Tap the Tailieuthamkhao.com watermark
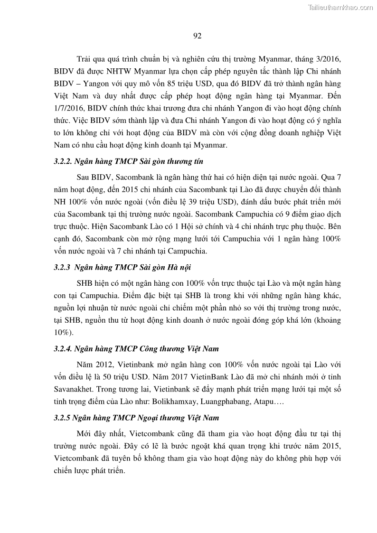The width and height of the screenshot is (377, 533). point(340,7)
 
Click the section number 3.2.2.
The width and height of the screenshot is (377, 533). point(64,162)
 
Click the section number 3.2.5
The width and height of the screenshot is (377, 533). point(63,418)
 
